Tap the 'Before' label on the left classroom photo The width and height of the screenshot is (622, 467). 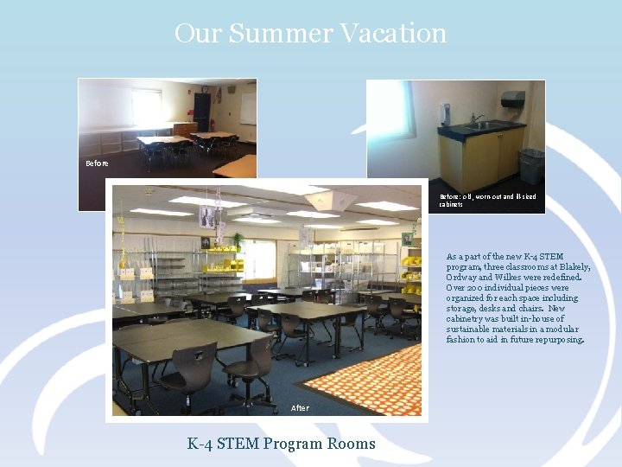(97, 163)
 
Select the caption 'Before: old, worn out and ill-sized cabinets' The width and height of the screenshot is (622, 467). (487, 200)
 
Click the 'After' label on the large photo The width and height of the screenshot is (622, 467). (300, 408)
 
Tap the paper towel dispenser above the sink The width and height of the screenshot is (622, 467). (512, 99)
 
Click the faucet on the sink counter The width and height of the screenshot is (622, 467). (475, 118)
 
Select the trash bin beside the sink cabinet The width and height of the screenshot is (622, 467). (531, 166)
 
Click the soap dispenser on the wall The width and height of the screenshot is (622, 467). (444, 113)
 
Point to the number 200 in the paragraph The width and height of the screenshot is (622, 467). (473, 288)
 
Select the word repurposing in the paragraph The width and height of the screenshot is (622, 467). (561, 340)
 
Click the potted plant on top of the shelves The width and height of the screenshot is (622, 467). (237, 240)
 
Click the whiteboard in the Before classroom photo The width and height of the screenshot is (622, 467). (248, 108)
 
